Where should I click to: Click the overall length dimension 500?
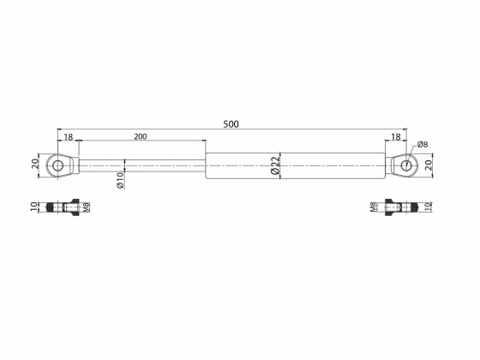(231, 123)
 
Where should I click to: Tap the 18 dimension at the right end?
(396, 136)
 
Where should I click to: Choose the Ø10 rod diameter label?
(121, 180)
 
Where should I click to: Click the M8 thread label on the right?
(374, 208)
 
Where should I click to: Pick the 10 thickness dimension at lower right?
(427, 208)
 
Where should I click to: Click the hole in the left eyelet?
(58, 165)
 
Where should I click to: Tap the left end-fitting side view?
(69, 208)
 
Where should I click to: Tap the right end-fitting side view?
(399, 208)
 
